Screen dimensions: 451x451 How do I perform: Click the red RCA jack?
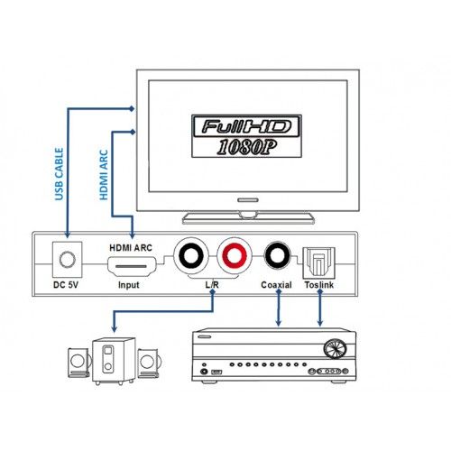click(x=235, y=256)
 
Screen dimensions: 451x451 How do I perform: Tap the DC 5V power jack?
click(x=68, y=260)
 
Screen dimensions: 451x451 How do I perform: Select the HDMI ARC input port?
click(x=132, y=266)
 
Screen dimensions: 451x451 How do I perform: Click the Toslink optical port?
click(x=318, y=262)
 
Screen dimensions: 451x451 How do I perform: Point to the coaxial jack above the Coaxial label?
click(x=277, y=255)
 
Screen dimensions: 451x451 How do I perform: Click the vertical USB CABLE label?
click(x=59, y=174)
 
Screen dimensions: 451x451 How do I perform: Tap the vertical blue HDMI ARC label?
click(x=104, y=175)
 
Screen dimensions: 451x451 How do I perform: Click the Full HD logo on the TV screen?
click(x=246, y=126)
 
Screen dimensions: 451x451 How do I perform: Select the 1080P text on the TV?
click(x=246, y=147)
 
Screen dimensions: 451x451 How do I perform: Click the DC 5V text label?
click(x=66, y=285)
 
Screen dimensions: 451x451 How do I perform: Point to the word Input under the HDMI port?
click(x=129, y=285)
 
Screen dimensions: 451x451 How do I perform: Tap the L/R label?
click(x=212, y=285)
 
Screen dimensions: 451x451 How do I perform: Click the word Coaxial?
click(x=276, y=285)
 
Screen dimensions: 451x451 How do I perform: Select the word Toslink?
click(x=319, y=285)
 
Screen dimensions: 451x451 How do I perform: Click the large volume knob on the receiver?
click(x=335, y=349)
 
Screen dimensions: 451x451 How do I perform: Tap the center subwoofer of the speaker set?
click(x=114, y=361)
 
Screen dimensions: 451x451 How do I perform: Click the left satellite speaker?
click(x=78, y=363)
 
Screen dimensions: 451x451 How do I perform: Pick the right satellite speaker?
click(x=148, y=364)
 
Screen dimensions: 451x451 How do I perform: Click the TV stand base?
click(x=248, y=218)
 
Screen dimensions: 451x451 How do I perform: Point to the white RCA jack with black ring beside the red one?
click(x=191, y=256)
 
